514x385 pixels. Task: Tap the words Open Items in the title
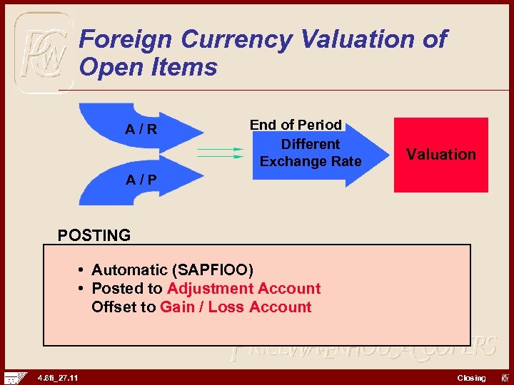[148, 68]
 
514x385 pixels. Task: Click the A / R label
[141, 130]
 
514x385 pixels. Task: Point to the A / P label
[141, 180]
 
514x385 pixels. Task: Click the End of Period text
[296, 125]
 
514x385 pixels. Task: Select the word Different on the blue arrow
[311, 143]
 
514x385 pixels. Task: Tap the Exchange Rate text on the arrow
[311, 162]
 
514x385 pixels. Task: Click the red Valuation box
[441, 155]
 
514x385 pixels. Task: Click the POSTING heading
[94, 235]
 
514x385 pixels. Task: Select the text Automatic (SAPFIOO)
[172, 270]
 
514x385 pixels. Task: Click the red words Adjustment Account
[243, 289]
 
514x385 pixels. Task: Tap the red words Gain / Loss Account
[236, 307]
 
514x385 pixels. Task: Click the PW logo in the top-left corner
[43, 52]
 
